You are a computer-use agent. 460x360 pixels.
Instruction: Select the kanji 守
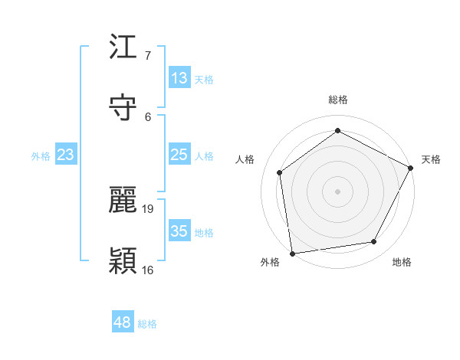[x=123, y=107]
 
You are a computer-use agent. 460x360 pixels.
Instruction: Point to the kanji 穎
[x=123, y=260]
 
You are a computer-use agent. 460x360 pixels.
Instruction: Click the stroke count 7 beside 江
[x=148, y=55]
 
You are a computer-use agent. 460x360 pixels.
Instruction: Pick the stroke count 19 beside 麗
[x=149, y=208]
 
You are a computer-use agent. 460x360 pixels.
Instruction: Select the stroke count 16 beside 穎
[x=149, y=270]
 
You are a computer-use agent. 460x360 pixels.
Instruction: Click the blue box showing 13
[x=179, y=78]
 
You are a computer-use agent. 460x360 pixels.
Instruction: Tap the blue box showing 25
[x=179, y=155]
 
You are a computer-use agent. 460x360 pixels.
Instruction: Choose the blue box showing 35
[x=179, y=231]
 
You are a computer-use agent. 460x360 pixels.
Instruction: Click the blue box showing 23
[x=66, y=155]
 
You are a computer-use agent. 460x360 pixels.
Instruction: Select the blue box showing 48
[x=123, y=322]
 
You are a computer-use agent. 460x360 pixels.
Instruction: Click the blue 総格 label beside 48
[x=147, y=324]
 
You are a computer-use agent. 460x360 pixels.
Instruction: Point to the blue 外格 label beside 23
[x=41, y=156]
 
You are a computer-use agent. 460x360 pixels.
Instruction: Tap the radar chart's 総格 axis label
[x=338, y=100]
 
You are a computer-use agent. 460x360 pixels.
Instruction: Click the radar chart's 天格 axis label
[x=431, y=159]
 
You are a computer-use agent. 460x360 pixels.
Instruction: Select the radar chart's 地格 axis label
[x=402, y=262]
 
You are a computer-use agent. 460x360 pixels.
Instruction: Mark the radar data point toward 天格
[x=411, y=168]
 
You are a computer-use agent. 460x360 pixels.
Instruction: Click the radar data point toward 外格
[x=292, y=253]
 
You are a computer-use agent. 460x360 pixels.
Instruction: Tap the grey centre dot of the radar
[x=337, y=191]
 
